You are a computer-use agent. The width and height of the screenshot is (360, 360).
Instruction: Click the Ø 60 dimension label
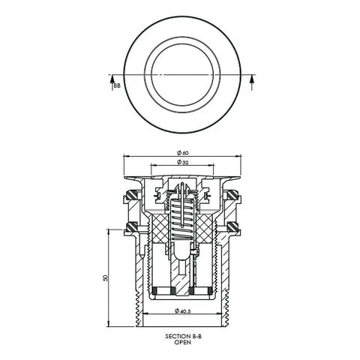pos(183,153)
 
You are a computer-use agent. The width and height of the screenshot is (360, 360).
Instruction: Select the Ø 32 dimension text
pos(183,162)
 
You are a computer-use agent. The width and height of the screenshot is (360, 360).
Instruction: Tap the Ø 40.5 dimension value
pos(183,311)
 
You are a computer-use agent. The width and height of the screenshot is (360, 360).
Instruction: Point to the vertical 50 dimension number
pos(105,277)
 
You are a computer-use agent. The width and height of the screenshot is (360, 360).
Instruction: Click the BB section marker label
pos(117,85)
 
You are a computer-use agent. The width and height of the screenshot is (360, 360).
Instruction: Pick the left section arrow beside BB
pos(112,82)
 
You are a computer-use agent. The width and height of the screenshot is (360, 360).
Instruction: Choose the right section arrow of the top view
pos(252,82)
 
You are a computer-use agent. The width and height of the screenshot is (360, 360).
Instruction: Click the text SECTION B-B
pos(183,337)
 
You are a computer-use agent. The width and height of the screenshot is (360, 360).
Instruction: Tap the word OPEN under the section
pos(182,342)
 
